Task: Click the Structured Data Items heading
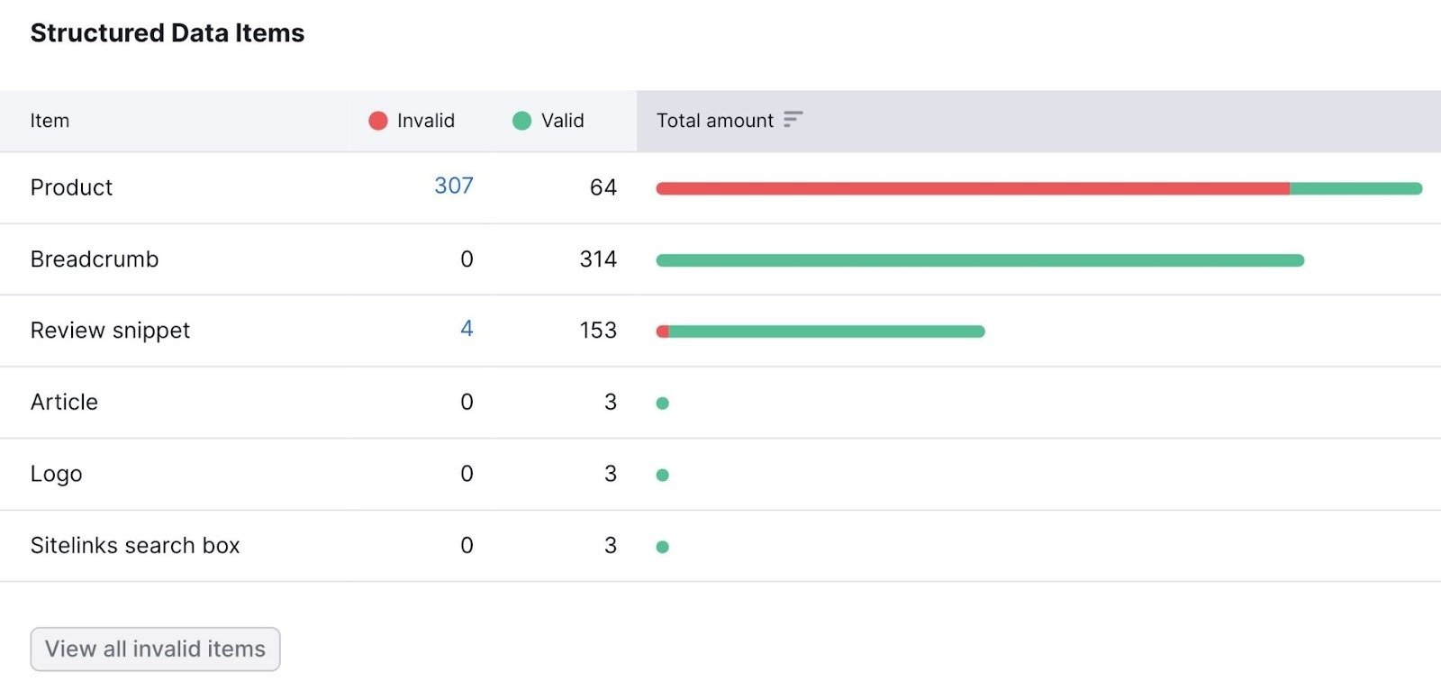[x=168, y=33]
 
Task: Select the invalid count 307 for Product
[x=453, y=186]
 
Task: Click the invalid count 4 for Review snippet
[x=467, y=329]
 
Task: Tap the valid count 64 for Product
[x=603, y=187]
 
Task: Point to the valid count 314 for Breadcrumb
[x=598, y=259]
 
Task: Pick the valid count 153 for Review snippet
[x=598, y=331]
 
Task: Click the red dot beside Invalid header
[x=378, y=121]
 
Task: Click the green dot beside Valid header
[x=521, y=121]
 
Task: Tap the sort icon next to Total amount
[x=793, y=120]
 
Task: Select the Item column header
[x=50, y=121]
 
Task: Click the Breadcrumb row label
[x=95, y=259]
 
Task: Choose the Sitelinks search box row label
[x=135, y=546]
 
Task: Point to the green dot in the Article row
[x=663, y=404]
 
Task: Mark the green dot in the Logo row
[x=663, y=475]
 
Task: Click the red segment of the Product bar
[x=973, y=189]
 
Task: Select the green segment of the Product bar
[x=1355, y=189]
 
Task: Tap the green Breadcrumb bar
[x=980, y=260]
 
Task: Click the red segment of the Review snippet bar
[x=663, y=331]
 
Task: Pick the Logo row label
[x=56, y=474]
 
